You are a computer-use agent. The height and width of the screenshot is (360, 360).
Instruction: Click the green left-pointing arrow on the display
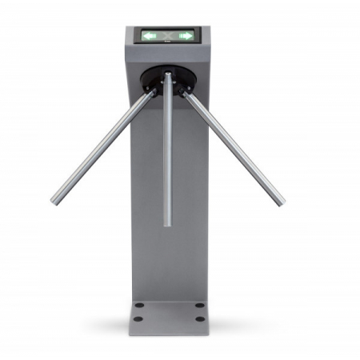[150, 35]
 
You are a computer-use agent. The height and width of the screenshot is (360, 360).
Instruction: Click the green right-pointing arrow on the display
[186, 35]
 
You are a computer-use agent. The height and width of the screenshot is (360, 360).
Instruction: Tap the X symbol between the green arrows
[168, 35]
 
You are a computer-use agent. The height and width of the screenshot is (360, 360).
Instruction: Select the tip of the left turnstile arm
[54, 200]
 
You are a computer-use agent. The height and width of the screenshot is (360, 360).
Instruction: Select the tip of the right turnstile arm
[280, 202]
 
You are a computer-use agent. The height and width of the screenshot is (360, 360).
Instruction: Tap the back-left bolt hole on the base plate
[140, 305]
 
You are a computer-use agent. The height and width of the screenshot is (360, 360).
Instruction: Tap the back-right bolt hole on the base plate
[198, 305]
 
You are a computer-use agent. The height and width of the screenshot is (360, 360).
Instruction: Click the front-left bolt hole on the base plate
[138, 318]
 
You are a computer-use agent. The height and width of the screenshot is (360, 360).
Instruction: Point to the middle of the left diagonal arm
[102, 146]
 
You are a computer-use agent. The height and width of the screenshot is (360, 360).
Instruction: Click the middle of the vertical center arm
[168, 152]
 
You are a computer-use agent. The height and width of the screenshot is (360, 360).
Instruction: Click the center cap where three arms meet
[168, 77]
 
